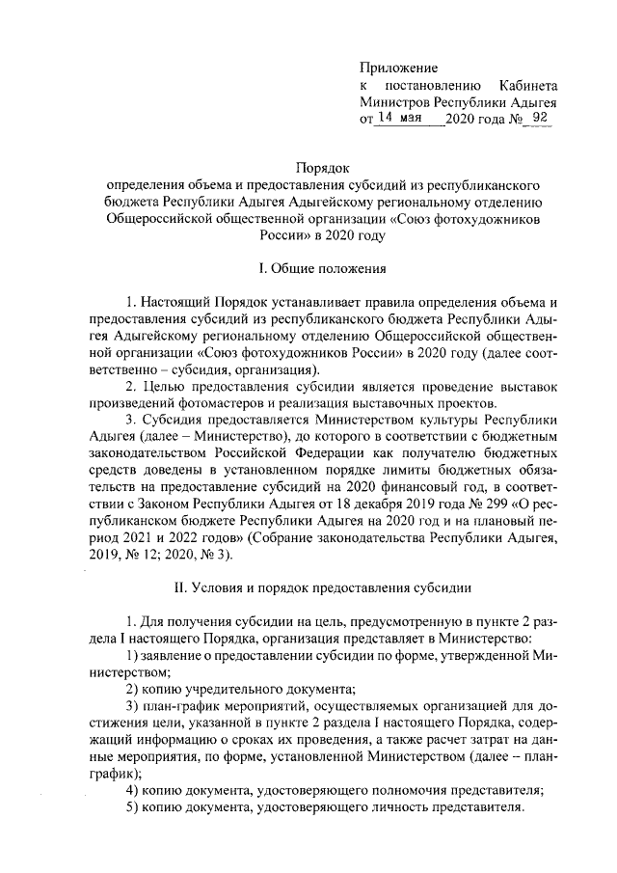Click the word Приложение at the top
pos(398,68)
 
